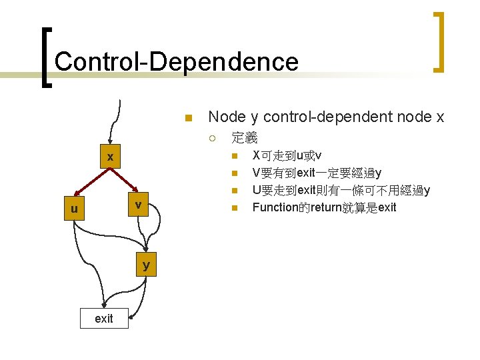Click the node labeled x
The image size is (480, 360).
(x=111, y=157)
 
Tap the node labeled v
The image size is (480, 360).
(x=137, y=205)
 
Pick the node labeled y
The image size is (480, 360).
(x=146, y=265)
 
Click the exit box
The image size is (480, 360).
(x=104, y=319)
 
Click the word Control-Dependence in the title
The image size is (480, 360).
(x=177, y=62)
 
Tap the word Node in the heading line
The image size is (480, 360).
(x=227, y=117)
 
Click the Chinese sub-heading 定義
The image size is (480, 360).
(x=244, y=139)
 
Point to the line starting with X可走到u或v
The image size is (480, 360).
(x=287, y=157)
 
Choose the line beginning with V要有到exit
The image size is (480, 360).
(x=317, y=174)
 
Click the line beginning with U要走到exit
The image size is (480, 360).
(x=341, y=191)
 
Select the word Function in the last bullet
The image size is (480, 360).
(x=275, y=207)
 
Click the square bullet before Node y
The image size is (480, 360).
(x=189, y=119)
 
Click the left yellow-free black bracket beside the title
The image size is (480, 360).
(x=43, y=57)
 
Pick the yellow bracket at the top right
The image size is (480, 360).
(x=438, y=42)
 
